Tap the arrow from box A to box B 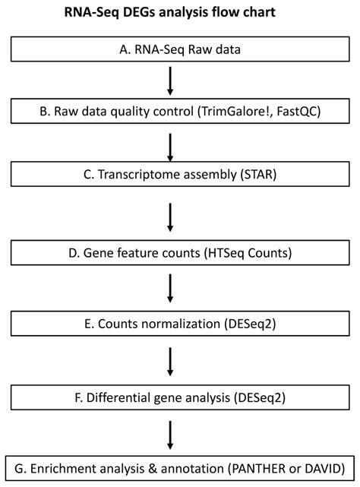pos(170,78)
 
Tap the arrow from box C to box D pos(170,219)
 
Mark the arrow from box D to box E pos(170,289)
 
